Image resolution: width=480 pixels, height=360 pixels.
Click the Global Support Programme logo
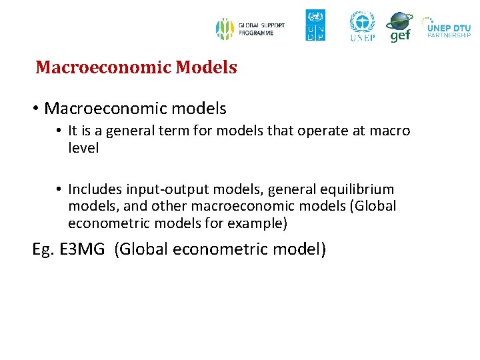pyautogui.click(x=250, y=29)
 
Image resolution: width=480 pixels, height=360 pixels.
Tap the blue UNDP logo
pyautogui.click(x=315, y=25)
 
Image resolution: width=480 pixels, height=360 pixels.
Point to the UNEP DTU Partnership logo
pyautogui.click(x=448, y=29)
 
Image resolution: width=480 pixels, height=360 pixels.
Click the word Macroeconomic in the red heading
pyautogui.click(x=89, y=67)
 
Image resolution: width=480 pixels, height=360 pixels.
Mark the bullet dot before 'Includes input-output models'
pyautogui.click(x=59, y=190)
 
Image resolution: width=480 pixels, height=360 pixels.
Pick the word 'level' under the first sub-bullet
pyautogui.click(x=83, y=148)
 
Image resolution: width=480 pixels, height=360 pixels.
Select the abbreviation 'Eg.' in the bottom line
pyautogui.click(x=43, y=250)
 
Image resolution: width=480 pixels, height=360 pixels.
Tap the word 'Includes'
pyautogui.click(x=93, y=190)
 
